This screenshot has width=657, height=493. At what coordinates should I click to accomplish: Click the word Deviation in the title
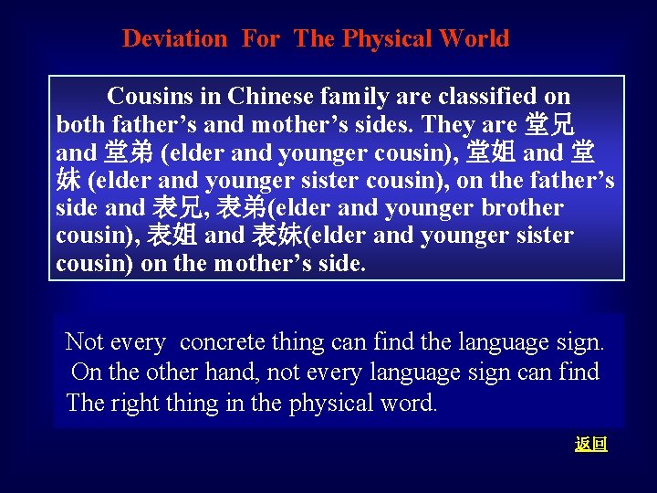click(174, 39)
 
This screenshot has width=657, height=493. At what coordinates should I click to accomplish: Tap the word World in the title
click(473, 39)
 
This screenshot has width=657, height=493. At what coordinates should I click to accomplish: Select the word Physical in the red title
click(387, 39)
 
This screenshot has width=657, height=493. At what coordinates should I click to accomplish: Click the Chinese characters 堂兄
click(551, 124)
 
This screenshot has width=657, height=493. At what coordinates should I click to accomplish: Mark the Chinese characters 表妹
click(275, 236)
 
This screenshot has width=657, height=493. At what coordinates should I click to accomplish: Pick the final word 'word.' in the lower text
click(407, 403)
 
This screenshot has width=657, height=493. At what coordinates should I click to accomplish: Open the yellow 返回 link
click(591, 445)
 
